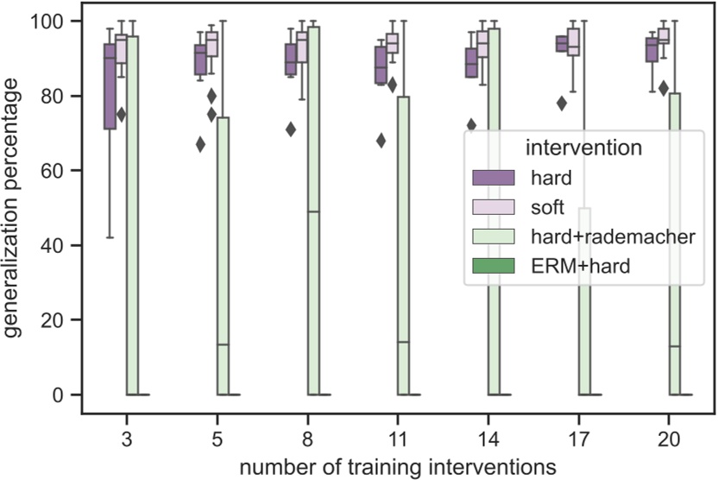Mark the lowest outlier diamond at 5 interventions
[200, 144]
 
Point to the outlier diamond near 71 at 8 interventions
[291, 129]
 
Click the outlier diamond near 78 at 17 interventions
[562, 103]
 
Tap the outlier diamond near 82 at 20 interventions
[664, 88]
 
